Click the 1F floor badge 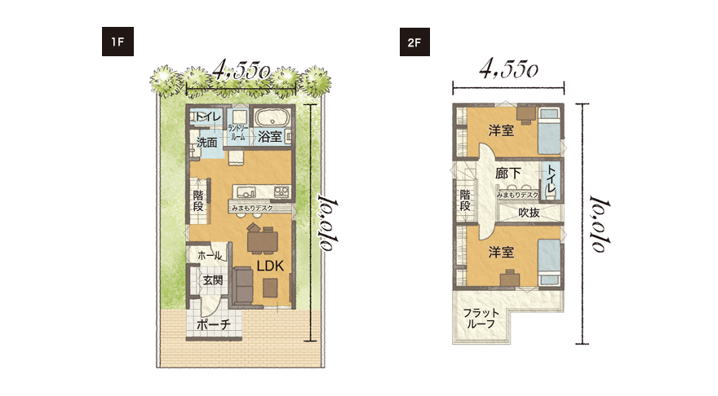[117, 42]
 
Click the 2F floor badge [414, 42]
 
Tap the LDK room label [270, 266]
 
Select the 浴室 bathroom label [270, 136]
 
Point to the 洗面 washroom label [206, 143]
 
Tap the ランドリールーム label [237, 132]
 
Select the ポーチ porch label [214, 324]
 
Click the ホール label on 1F [210, 256]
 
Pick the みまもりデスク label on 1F [252, 209]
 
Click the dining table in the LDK [263, 242]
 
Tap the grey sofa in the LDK [243, 286]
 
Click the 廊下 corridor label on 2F [508, 174]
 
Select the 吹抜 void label [529, 212]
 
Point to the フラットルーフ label [481, 319]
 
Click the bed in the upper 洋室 [548, 131]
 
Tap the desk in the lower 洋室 [510, 278]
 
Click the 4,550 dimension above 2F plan [508, 69]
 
